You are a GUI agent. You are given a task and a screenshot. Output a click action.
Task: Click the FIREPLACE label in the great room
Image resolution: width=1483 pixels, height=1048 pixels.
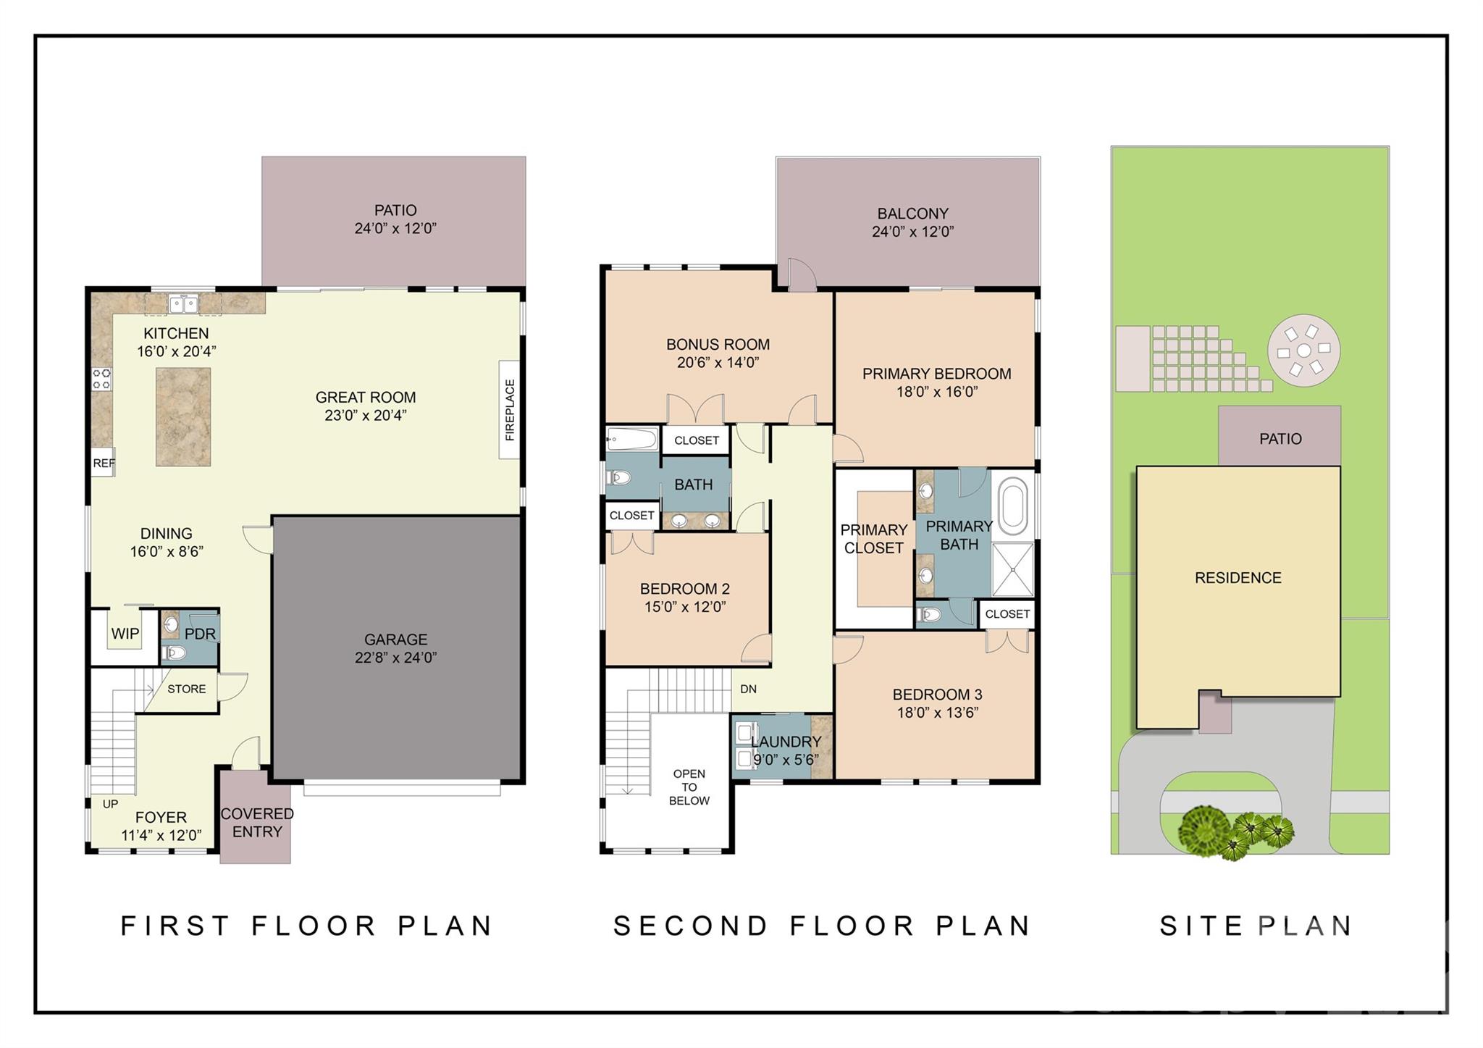[510, 410]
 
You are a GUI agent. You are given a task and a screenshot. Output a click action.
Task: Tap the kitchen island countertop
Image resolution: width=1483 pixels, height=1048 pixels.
[183, 416]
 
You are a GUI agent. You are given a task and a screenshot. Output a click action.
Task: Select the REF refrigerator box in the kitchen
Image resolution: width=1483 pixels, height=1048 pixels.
[103, 463]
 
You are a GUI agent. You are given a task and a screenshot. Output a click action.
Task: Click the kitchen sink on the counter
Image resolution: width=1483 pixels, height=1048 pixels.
[183, 304]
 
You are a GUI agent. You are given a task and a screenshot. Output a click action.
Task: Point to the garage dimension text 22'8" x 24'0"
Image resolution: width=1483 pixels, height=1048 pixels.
[395, 658]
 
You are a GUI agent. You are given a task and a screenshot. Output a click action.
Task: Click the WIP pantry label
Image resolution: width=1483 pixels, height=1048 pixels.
[125, 634]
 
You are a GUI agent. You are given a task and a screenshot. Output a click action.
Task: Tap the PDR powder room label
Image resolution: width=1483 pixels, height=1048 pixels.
[200, 634]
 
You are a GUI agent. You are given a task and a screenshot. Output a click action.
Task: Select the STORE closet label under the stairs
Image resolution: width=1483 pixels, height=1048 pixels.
[186, 689]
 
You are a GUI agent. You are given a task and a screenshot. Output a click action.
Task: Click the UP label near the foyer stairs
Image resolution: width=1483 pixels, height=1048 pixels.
[110, 804]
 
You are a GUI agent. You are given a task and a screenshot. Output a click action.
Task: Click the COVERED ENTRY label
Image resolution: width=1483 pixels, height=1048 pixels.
[257, 823]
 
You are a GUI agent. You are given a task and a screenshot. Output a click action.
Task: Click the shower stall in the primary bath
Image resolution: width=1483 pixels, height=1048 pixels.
[1012, 569]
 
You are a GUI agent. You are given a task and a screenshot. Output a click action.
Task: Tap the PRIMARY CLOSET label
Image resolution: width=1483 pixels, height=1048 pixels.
[873, 539]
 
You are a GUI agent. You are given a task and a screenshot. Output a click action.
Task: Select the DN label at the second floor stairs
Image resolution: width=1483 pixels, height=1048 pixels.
[748, 689]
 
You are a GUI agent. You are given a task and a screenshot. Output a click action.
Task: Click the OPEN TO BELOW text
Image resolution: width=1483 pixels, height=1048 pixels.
[689, 787]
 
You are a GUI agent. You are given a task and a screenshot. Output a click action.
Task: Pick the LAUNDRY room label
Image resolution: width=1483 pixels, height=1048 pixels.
[786, 742]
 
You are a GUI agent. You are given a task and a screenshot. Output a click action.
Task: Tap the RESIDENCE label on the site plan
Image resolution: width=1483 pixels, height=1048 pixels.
[1238, 578]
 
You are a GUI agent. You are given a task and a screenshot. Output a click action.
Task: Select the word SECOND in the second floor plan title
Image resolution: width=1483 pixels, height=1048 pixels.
[690, 926]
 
